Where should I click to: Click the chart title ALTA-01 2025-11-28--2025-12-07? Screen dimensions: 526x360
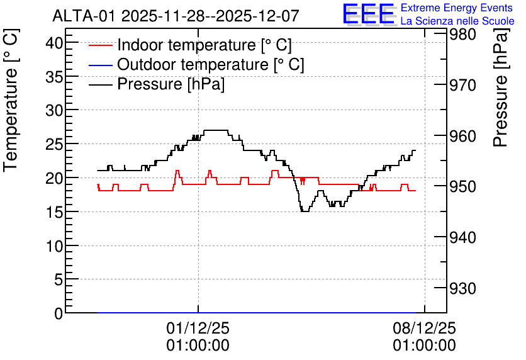pos(176,16)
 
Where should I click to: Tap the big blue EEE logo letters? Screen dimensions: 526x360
pos(368,14)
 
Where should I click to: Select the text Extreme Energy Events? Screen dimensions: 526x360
pos(457,8)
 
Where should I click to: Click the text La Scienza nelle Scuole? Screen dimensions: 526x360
pos(457,21)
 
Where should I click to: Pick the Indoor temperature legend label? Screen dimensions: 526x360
pos(204,45)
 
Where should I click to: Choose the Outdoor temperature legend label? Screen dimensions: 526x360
pos(211,64)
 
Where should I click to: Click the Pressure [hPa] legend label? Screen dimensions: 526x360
pos(171,84)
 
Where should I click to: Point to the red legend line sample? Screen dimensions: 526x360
pos(100,45)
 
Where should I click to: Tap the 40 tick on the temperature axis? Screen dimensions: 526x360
pos(54,43)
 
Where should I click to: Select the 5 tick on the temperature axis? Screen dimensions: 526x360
pos(59,279)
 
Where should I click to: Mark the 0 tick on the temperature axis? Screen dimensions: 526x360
pos(59,313)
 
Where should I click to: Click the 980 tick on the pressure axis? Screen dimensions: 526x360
pos(462,34)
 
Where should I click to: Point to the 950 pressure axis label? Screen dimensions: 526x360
pos(462,186)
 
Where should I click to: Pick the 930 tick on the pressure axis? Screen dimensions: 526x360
pos(462,288)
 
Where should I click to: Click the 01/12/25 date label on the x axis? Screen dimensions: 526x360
pos(198,328)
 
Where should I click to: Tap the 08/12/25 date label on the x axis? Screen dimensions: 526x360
pos(424,328)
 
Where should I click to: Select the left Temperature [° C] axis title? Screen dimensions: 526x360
pos(11,101)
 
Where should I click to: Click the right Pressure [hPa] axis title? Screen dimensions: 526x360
pos(501,87)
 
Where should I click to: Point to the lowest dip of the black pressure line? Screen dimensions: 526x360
pos(305,211)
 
